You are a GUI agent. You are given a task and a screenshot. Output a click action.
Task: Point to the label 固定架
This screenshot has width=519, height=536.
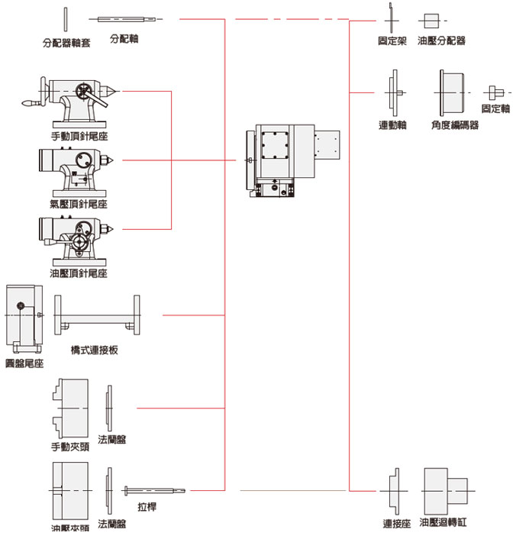click(x=392, y=40)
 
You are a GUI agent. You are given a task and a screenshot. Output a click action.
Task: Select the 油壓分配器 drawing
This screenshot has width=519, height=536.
click(x=432, y=20)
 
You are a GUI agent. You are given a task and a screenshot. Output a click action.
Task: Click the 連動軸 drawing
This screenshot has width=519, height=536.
click(x=394, y=92)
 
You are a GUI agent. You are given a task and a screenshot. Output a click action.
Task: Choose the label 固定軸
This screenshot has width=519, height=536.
click(x=495, y=109)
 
